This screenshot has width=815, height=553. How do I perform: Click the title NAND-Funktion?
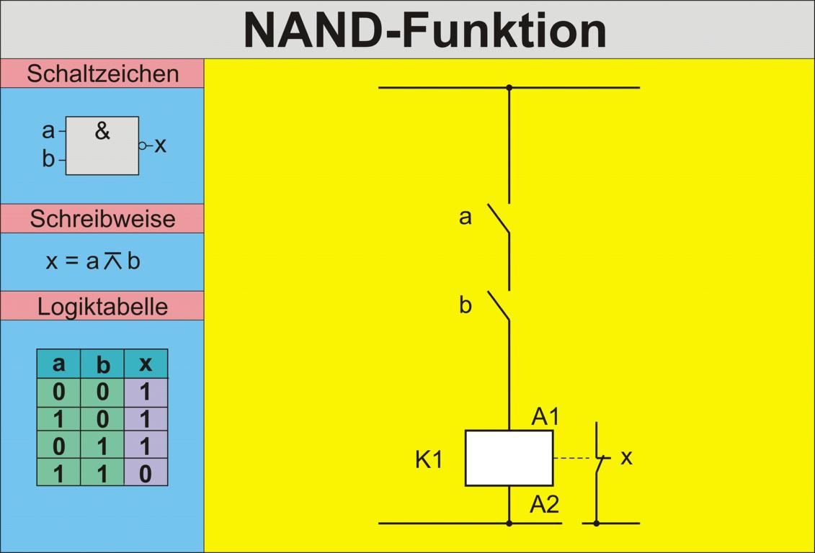point(425,30)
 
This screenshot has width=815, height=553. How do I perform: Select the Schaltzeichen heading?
point(102,73)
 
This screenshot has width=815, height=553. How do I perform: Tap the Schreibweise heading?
point(102,218)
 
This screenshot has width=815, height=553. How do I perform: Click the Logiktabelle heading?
point(102,306)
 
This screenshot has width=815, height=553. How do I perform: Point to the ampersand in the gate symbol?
point(102,131)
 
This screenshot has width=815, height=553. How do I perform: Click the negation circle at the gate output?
point(143,145)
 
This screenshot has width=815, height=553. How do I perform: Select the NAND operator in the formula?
point(113,261)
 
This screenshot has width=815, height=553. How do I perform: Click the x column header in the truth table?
point(146,364)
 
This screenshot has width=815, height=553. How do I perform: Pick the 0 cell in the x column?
point(146,473)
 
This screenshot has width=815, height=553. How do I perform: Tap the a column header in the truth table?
point(58,364)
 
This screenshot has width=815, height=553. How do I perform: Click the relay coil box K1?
point(509,458)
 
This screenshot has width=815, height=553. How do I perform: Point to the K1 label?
point(429,459)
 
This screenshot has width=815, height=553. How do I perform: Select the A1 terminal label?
point(545,416)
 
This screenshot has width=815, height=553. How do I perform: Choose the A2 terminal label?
point(545,504)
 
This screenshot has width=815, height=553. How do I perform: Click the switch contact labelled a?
point(499,219)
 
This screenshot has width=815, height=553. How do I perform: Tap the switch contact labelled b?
point(499,306)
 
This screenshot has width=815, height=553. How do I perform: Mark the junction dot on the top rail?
point(509,88)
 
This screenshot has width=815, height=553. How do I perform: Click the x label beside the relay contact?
point(626,457)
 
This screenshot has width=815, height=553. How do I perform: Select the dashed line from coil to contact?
point(574,458)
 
